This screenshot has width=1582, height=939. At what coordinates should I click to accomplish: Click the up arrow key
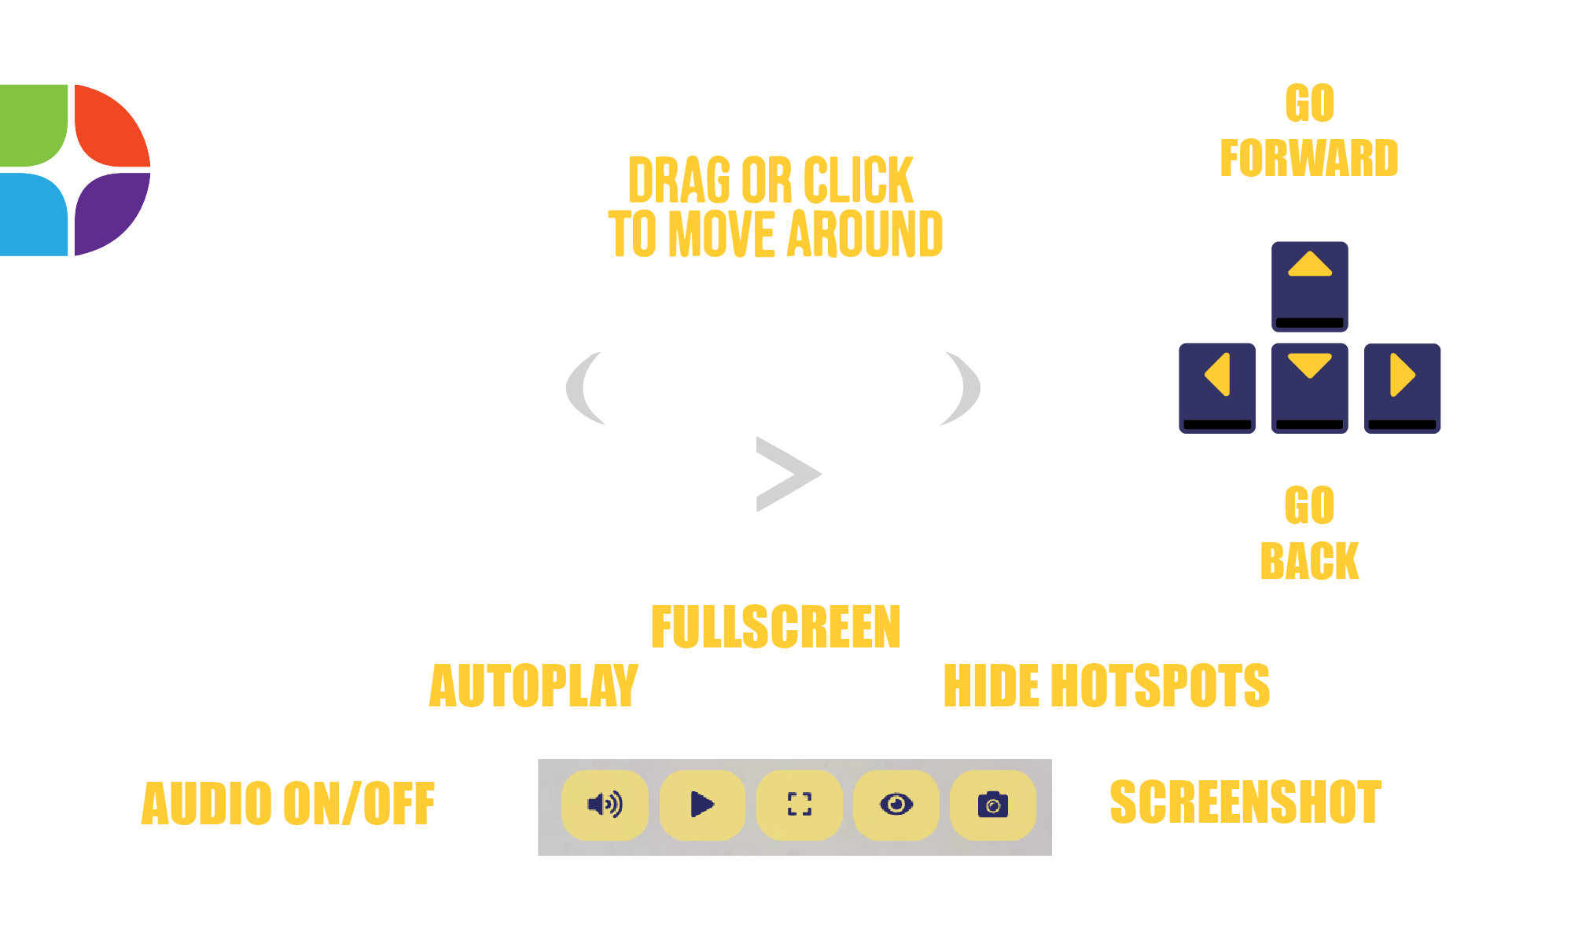pyautogui.click(x=1309, y=287)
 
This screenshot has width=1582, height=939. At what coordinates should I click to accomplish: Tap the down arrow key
pyautogui.click(x=1309, y=388)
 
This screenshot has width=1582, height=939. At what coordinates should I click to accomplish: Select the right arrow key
pyautogui.click(x=1402, y=388)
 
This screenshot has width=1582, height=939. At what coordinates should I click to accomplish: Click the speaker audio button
pyautogui.click(x=605, y=805)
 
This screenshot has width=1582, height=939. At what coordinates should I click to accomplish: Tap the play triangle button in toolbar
pyautogui.click(x=702, y=805)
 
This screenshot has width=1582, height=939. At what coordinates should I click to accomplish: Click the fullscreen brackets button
pyautogui.click(x=799, y=805)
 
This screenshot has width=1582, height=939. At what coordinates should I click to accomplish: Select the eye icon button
pyautogui.click(x=896, y=805)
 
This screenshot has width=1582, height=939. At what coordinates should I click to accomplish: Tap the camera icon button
pyautogui.click(x=993, y=805)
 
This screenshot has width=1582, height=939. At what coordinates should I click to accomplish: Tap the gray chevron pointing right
pyautogui.click(x=789, y=474)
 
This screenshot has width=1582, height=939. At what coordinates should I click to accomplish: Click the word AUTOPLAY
pyautogui.click(x=534, y=686)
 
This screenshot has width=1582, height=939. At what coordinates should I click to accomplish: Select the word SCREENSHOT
pyautogui.click(x=1245, y=802)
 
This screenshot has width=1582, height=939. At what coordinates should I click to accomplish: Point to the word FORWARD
pyautogui.click(x=1309, y=158)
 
